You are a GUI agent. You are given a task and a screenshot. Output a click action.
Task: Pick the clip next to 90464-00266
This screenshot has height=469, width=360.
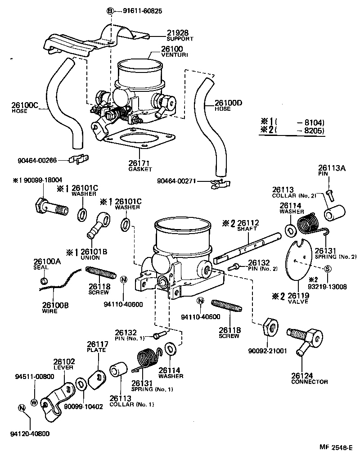(80, 158)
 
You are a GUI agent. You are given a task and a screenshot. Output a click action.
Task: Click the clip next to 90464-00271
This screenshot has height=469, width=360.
(220, 182)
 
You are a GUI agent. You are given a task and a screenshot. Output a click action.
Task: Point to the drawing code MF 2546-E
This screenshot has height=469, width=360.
(336, 448)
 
